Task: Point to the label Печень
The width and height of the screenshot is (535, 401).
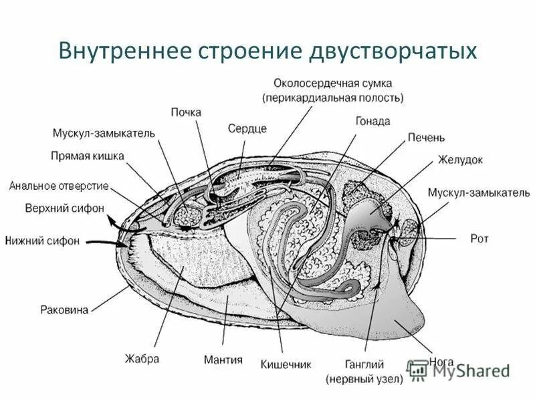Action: (x=426, y=138)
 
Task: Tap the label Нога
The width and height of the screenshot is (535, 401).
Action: (x=443, y=362)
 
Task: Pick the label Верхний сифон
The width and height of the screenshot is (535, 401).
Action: (x=65, y=208)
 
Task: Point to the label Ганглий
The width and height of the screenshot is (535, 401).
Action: (x=364, y=365)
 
